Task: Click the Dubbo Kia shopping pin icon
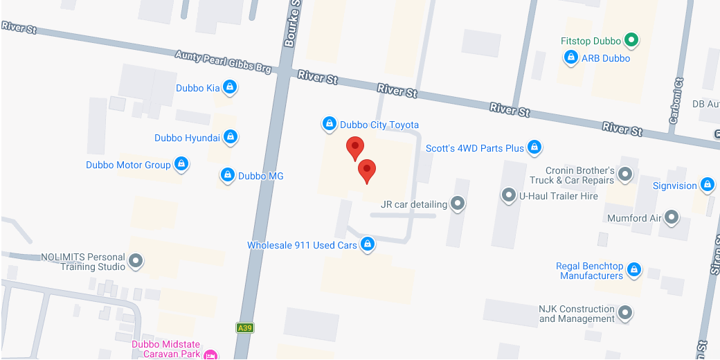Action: tap(231, 88)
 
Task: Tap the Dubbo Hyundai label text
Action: tap(187, 138)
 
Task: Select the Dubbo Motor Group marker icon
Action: tap(181, 165)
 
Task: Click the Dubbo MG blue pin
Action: tap(228, 176)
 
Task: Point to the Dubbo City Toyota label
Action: tap(379, 125)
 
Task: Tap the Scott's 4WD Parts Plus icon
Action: tap(534, 147)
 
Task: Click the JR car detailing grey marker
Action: tap(458, 204)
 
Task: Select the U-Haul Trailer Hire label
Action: tap(558, 196)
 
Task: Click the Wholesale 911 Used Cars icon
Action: tap(368, 245)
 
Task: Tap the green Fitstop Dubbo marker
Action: tap(631, 41)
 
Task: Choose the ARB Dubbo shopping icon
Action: tap(571, 58)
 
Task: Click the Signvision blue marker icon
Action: tap(707, 186)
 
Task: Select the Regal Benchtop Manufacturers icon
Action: tap(633, 271)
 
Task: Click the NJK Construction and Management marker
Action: tap(625, 314)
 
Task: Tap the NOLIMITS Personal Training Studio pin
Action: tap(136, 262)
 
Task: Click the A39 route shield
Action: tap(244, 328)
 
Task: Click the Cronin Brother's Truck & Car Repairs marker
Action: tap(625, 175)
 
